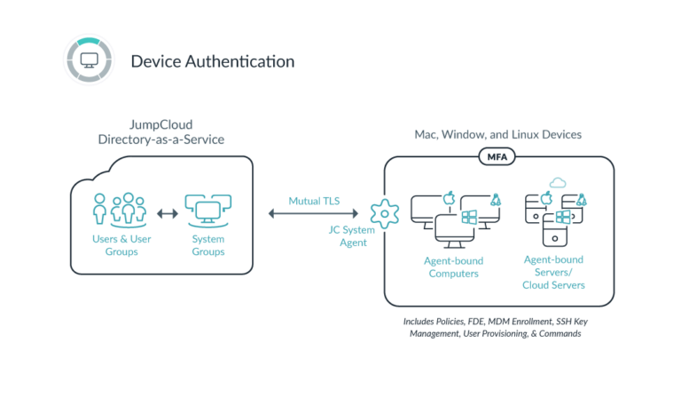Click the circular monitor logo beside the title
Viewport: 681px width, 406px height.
click(89, 60)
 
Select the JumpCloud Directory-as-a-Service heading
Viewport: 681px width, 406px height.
click(161, 133)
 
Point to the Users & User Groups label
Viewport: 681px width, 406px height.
click(119, 245)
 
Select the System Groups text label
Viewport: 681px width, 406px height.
click(208, 245)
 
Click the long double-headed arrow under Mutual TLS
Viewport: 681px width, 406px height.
click(313, 213)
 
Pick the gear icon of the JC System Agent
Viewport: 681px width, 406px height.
click(384, 213)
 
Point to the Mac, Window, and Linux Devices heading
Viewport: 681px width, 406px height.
click(498, 133)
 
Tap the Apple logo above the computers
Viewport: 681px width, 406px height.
click(449, 194)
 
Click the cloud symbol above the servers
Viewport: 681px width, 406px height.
click(558, 182)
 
